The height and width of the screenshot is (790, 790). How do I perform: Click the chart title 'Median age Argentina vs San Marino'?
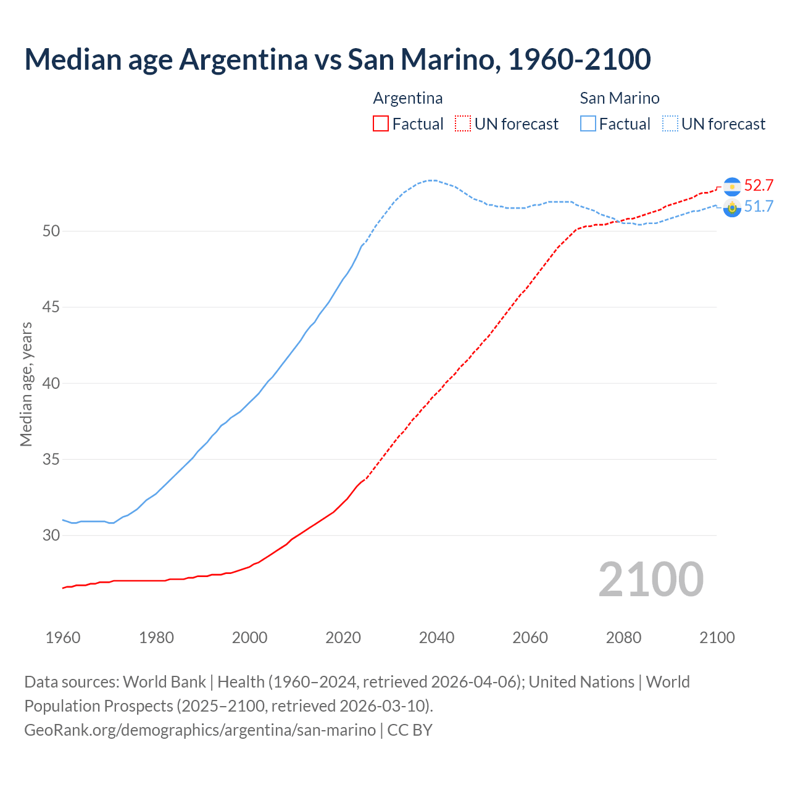pyautogui.click(x=337, y=60)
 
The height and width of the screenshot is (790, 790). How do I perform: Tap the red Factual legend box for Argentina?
pyautogui.click(x=381, y=124)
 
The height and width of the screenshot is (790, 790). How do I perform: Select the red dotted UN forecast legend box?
pyautogui.click(x=463, y=124)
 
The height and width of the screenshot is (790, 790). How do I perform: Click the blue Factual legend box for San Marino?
pyautogui.click(x=588, y=124)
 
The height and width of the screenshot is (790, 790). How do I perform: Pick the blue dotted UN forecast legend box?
pyautogui.click(x=670, y=124)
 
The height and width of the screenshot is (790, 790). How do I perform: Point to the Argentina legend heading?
pyautogui.click(x=407, y=98)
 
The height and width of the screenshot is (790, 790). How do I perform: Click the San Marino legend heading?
pyautogui.click(x=619, y=98)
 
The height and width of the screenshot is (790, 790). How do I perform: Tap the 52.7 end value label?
pyautogui.click(x=759, y=186)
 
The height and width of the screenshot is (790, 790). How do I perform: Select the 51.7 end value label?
pyautogui.click(x=759, y=206)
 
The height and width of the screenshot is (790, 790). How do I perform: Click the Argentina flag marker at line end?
pyautogui.click(x=732, y=186)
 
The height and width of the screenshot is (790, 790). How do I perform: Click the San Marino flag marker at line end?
pyautogui.click(x=732, y=208)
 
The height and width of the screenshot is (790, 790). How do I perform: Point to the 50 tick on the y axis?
pyautogui.click(x=51, y=231)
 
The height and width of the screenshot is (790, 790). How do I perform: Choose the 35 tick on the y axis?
pyautogui.click(x=51, y=460)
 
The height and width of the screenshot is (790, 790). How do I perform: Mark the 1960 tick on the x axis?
pyautogui.click(x=63, y=638)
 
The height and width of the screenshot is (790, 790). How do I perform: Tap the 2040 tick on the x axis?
pyautogui.click(x=436, y=638)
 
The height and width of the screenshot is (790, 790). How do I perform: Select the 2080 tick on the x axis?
pyautogui.click(x=623, y=638)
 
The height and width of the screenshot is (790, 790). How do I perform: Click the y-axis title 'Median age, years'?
pyautogui.click(x=26, y=384)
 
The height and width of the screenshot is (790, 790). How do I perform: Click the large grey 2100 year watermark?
pyautogui.click(x=651, y=580)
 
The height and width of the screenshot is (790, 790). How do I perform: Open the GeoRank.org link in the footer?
pyautogui.click(x=200, y=730)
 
